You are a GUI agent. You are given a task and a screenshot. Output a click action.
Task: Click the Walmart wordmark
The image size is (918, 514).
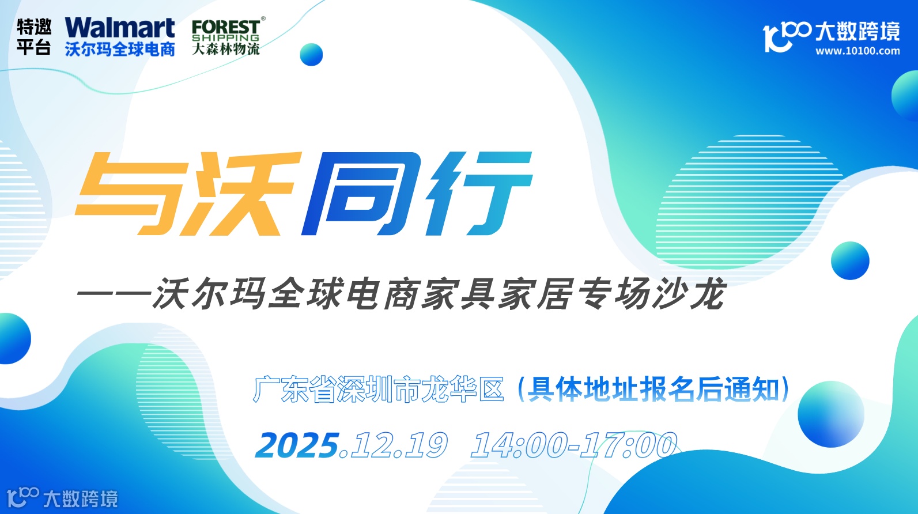[x=119, y=28]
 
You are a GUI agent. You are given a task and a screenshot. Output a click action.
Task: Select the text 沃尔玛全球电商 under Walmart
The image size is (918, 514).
[x=120, y=50]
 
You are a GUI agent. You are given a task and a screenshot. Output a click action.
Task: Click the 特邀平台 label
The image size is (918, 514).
[x=34, y=37]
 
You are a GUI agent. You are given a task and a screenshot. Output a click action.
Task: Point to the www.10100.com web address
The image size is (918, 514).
[x=857, y=51]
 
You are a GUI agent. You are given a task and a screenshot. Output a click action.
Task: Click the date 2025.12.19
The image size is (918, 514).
[x=351, y=445]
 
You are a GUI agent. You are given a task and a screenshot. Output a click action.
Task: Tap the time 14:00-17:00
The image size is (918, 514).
[x=573, y=445]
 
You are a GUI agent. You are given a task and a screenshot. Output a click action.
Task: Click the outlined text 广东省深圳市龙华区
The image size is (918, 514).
[x=379, y=390]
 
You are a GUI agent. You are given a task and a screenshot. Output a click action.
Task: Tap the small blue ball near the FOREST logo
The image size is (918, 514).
[x=311, y=55]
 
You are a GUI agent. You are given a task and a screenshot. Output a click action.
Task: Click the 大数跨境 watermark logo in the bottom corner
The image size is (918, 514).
[x=62, y=497]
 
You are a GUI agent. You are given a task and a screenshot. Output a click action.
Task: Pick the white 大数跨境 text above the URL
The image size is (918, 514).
[x=857, y=31]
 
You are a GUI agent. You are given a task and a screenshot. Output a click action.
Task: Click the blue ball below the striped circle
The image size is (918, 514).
[x=849, y=260]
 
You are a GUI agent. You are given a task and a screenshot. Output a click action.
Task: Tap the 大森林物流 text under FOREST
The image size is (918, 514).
[x=225, y=49]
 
